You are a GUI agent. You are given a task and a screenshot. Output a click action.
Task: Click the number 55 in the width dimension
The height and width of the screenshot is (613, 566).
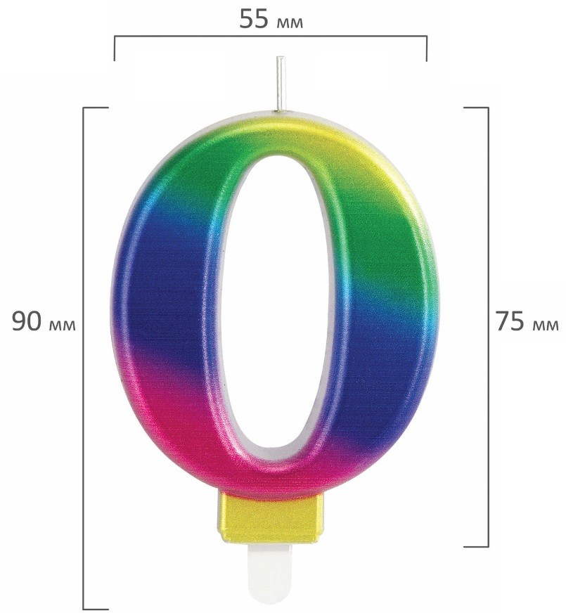coord(254,19)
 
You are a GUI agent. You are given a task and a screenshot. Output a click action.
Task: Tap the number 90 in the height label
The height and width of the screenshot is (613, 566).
coord(27,322)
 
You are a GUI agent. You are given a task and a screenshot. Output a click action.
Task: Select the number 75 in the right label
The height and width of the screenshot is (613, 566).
coord(510,322)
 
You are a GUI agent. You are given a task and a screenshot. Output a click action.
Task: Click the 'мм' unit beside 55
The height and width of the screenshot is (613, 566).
coord(289,23)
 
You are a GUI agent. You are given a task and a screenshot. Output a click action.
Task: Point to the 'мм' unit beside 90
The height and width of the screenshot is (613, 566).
coord(63,325)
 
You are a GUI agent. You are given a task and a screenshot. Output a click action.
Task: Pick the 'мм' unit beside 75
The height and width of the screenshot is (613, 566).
coord(546,325)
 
